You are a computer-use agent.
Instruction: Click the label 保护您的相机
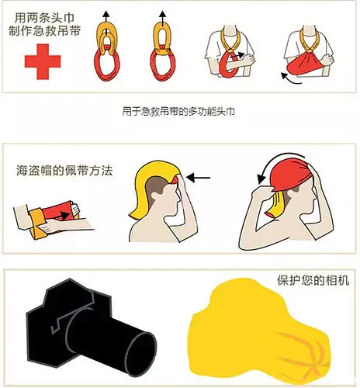click(x=308, y=280)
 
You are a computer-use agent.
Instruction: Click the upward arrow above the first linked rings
click(x=107, y=13)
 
